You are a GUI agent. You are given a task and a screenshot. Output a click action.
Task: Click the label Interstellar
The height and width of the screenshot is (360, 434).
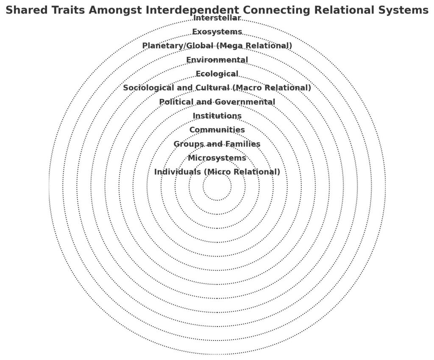click(217, 18)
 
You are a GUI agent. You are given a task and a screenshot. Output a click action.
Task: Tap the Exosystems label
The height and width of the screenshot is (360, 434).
click(217, 32)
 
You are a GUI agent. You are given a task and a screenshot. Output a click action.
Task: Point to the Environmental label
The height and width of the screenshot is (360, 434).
click(217, 60)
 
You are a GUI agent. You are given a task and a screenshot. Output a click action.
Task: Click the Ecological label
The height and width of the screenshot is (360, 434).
click(217, 74)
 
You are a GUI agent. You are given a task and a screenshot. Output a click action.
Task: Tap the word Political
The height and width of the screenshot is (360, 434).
click(175, 102)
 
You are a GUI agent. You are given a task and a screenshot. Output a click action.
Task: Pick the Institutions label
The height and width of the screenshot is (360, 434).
click(217, 116)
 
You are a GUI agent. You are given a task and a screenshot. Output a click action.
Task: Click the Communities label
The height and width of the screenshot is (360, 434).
click(217, 130)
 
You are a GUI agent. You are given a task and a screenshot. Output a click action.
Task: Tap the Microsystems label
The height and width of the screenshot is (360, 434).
click(217, 158)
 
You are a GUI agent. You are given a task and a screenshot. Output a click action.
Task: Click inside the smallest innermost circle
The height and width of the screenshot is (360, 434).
click(217, 186)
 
